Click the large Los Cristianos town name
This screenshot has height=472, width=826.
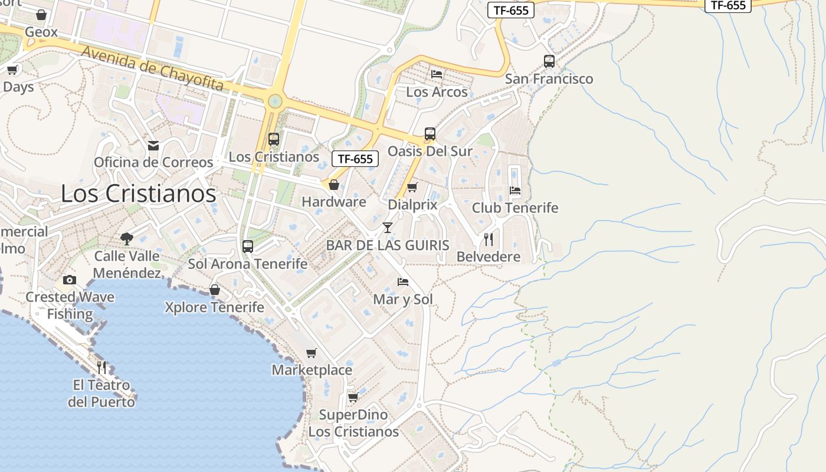(139, 194)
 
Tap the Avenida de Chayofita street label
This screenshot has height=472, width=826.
(152, 69)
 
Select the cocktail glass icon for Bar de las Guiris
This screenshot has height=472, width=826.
(388, 227)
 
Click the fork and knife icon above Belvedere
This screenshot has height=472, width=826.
(489, 239)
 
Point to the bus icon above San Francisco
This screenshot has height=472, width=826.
(549, 61)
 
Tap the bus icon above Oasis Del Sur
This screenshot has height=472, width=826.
(430, 133)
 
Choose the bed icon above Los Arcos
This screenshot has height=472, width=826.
(437, 74)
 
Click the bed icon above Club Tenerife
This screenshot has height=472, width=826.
(515, 190)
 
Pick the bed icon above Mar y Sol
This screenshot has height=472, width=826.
(403, 281)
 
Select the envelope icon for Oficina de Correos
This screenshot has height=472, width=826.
(153, 145)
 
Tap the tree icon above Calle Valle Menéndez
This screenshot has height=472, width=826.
(126, 238)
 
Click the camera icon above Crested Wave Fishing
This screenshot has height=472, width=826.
(70, 280)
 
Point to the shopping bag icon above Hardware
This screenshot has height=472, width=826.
(334, 185)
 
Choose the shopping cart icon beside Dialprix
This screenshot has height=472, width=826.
(412, 188)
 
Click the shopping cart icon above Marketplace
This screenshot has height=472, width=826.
(312, 353)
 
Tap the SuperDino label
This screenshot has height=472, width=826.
(353, 415)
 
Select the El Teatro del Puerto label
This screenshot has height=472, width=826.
(101, 394)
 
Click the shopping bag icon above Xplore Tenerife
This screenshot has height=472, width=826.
(215, 290)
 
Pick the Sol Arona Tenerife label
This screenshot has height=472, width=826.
(248, 264)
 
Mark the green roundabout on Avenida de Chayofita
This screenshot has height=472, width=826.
(274, 101)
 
